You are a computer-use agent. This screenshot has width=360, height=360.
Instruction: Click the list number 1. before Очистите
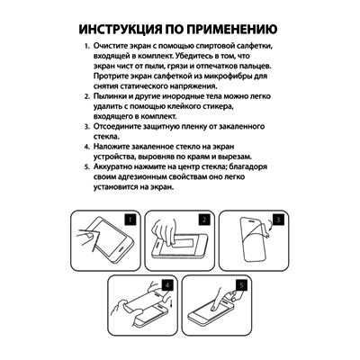coord(86,47)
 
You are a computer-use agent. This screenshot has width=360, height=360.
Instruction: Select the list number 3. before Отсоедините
coord(86,127)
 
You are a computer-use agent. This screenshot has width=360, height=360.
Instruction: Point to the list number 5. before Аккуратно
coord(86,167)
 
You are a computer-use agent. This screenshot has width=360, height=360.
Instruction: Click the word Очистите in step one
coord(109,47)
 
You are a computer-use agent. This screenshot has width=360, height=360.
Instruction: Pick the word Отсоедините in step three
coord(115,127)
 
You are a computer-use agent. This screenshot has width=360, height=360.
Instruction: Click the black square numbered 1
coord(130,220)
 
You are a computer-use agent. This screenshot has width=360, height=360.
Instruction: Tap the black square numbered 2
coord(204,220)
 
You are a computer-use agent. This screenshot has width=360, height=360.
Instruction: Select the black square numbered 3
coord(278,220)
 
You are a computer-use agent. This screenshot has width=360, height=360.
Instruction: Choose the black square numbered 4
coord(167,285)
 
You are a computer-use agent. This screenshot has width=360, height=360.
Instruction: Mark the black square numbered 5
coord(241,285)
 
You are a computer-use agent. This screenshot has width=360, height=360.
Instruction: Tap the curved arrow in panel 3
coord(270,230)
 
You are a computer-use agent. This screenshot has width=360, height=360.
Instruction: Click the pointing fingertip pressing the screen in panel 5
coord(213,307)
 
